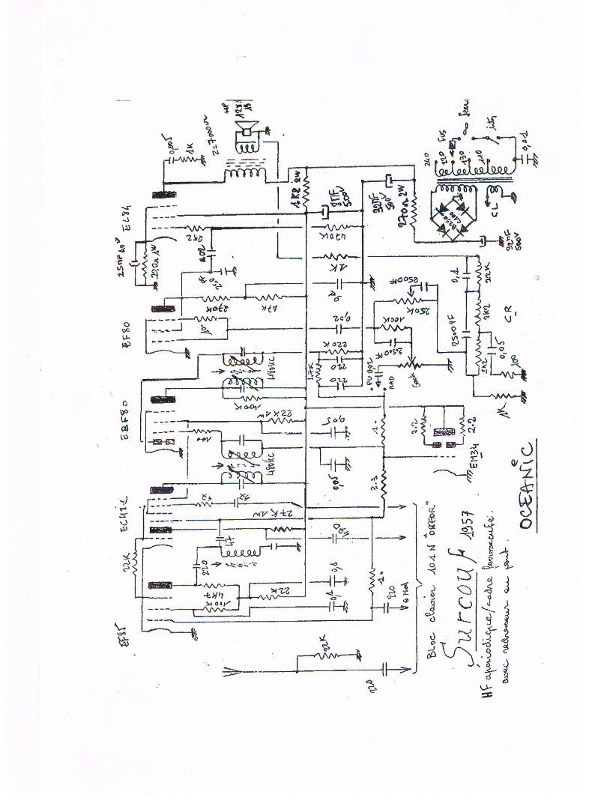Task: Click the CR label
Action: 508,315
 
